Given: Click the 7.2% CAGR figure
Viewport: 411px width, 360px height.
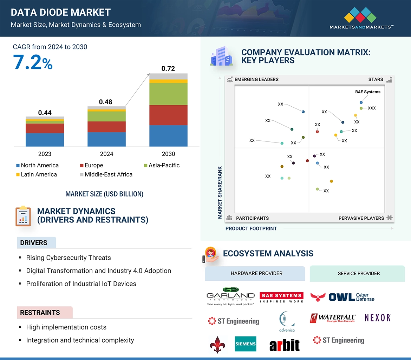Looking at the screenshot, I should pyautogui.click(x=33, y=62).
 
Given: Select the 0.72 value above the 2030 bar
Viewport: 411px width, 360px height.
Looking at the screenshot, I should pyautogui.click(x=168, y=68).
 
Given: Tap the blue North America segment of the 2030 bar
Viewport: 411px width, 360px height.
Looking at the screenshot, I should pyautogui.click(x=168, y=135).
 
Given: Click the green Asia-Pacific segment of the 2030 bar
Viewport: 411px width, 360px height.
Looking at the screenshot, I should pyautogui.click(x=168, y=94).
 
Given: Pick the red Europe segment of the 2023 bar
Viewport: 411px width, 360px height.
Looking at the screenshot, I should pyautogui.click(x=45, y=128).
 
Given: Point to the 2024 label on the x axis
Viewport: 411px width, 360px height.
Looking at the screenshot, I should pyautogui.click(x=106, y=154).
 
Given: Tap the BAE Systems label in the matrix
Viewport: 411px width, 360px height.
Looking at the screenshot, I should pyautogui.click(x=367, y=92).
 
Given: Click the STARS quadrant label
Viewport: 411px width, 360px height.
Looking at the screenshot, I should pyautogui.click(x=376, y=79).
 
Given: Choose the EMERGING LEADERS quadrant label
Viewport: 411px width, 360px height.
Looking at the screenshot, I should pyautogui.click(x=256, y=79).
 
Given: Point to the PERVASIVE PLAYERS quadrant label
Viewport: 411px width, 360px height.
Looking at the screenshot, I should pyautogui.click(x=361, y=218).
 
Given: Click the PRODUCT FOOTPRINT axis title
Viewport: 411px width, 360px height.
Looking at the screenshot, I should pyautogui.click(x=251, y=228).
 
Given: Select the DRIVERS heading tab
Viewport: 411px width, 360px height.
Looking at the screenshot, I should pyautogui.click(x=34, y=243).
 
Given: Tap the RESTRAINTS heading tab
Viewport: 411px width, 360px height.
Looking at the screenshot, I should pyautogui.click(x=40, y=312).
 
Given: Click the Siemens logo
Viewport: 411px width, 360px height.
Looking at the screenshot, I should pyautogui.click(x=246, y=344).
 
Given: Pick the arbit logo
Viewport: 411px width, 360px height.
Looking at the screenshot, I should pyautogui.click(x=285, y=345).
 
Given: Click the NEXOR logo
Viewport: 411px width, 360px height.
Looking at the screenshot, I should pyautogui.click(x=378, y=318).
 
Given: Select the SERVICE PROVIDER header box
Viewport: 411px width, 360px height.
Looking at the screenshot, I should pyautogui.click(x=358, y=273).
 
